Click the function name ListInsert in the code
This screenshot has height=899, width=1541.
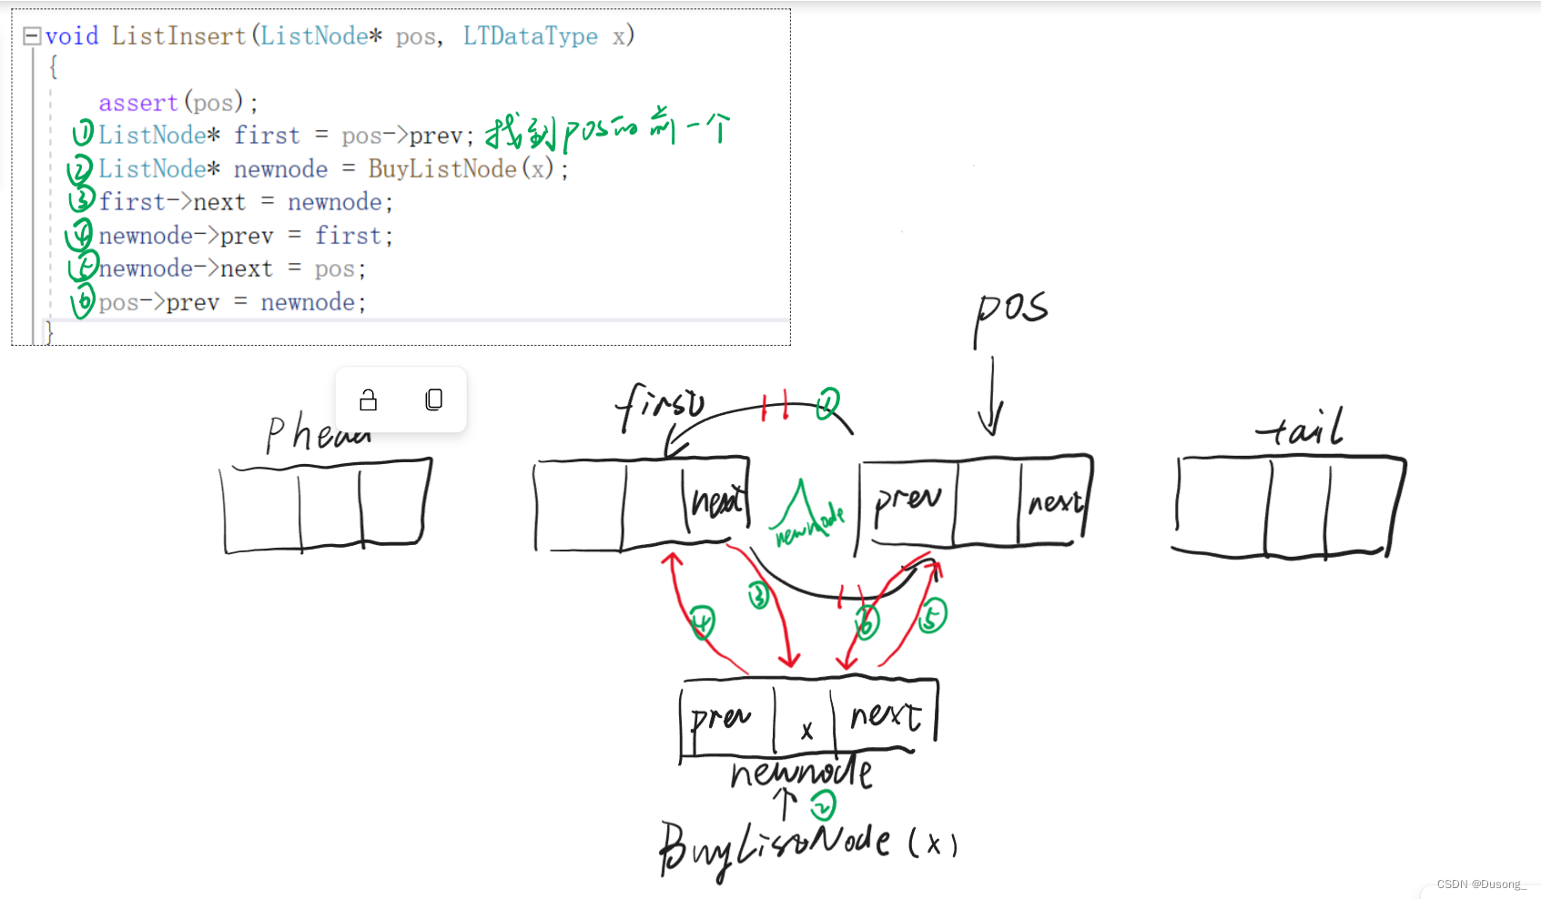click(178, 36)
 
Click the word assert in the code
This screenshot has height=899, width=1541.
click(138, 103)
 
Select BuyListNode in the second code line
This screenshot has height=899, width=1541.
click(442, 169)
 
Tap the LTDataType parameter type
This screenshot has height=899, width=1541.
click(531, 36)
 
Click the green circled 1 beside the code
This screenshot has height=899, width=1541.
click(83, 134)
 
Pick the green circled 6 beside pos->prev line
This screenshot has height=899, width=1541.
click(84, 300)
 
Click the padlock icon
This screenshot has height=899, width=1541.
click(368, 400)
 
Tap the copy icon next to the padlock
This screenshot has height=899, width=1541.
click(434, 399)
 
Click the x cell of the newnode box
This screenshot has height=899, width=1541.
click(806, 722)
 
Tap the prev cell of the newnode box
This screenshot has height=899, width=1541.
click(725, 719)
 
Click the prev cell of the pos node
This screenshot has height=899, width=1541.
click(907, 501)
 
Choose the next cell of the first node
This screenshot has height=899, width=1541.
click(716, 500)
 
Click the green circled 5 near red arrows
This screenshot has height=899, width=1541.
click(931, 616)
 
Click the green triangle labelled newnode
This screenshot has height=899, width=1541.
click(803, 515)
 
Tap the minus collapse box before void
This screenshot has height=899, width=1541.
click(32, 35)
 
